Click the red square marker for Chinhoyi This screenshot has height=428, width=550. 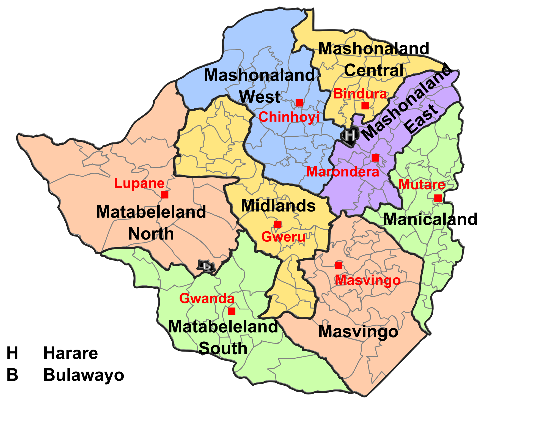click(x=299, y=103)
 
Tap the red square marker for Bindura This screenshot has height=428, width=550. click(x=365, y=106)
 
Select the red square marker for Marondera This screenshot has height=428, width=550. click(x=375, y=158)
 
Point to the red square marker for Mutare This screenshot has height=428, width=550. click(x=438, y=198)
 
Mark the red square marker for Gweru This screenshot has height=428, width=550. click(x=278, y=224)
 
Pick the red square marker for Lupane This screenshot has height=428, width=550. click(x=165, y=195)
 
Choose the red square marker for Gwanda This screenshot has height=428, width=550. click(x=232, y=311)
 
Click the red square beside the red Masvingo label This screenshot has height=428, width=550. click(x=338, y=265)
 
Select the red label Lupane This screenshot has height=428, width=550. click(x=139, y=183)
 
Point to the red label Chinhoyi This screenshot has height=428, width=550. click(x=289, y=117)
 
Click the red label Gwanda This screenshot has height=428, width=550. click(x=207, y=299)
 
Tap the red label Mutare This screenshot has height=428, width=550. click(x=422, y=185)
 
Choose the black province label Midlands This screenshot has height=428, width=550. click(x=278, y=206)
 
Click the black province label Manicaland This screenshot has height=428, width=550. click(x=418, y=220)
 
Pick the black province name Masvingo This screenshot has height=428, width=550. click(x=358, y=332)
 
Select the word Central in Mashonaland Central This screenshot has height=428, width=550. click(x=374, y=70)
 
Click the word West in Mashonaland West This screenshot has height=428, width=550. click(x=259, y=97)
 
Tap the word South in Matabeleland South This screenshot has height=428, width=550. click(x=223, y=348)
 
